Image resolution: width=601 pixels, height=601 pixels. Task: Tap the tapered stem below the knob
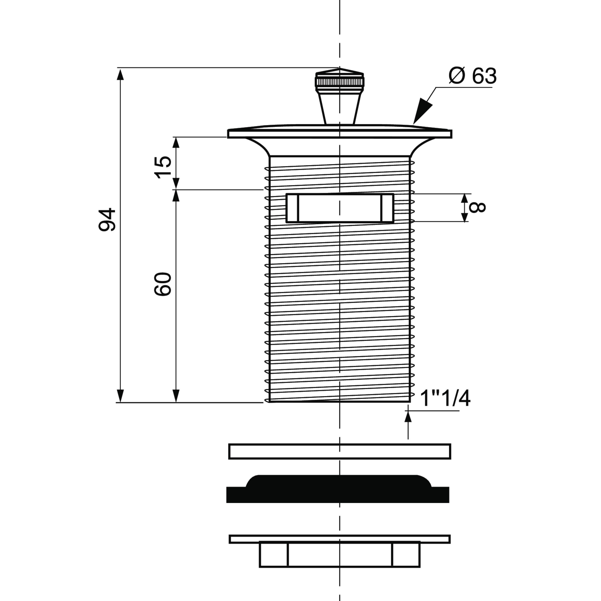pos(339,109)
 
